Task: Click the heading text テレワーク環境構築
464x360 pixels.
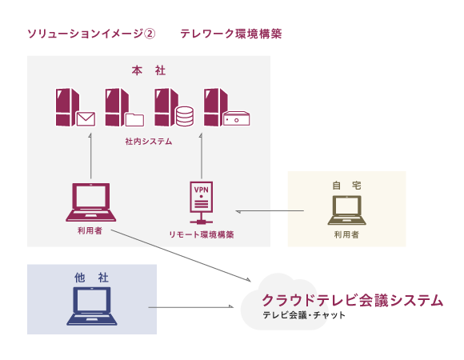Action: [x=231, y=34]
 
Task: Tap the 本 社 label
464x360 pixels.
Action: [x=149, y=71]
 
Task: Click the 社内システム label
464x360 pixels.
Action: [x=149, y=141]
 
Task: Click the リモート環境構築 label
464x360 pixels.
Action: [x=201, y=234]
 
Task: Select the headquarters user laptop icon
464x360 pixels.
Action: [x=90, y=202]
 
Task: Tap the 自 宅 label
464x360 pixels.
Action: [x=346, y=185]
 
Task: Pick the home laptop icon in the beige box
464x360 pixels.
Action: [x=346, y=210]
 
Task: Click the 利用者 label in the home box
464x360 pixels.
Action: [x=346, y=235]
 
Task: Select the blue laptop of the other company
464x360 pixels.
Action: [x=91, y=306]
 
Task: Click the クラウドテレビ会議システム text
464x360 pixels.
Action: [x=352, y=300]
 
